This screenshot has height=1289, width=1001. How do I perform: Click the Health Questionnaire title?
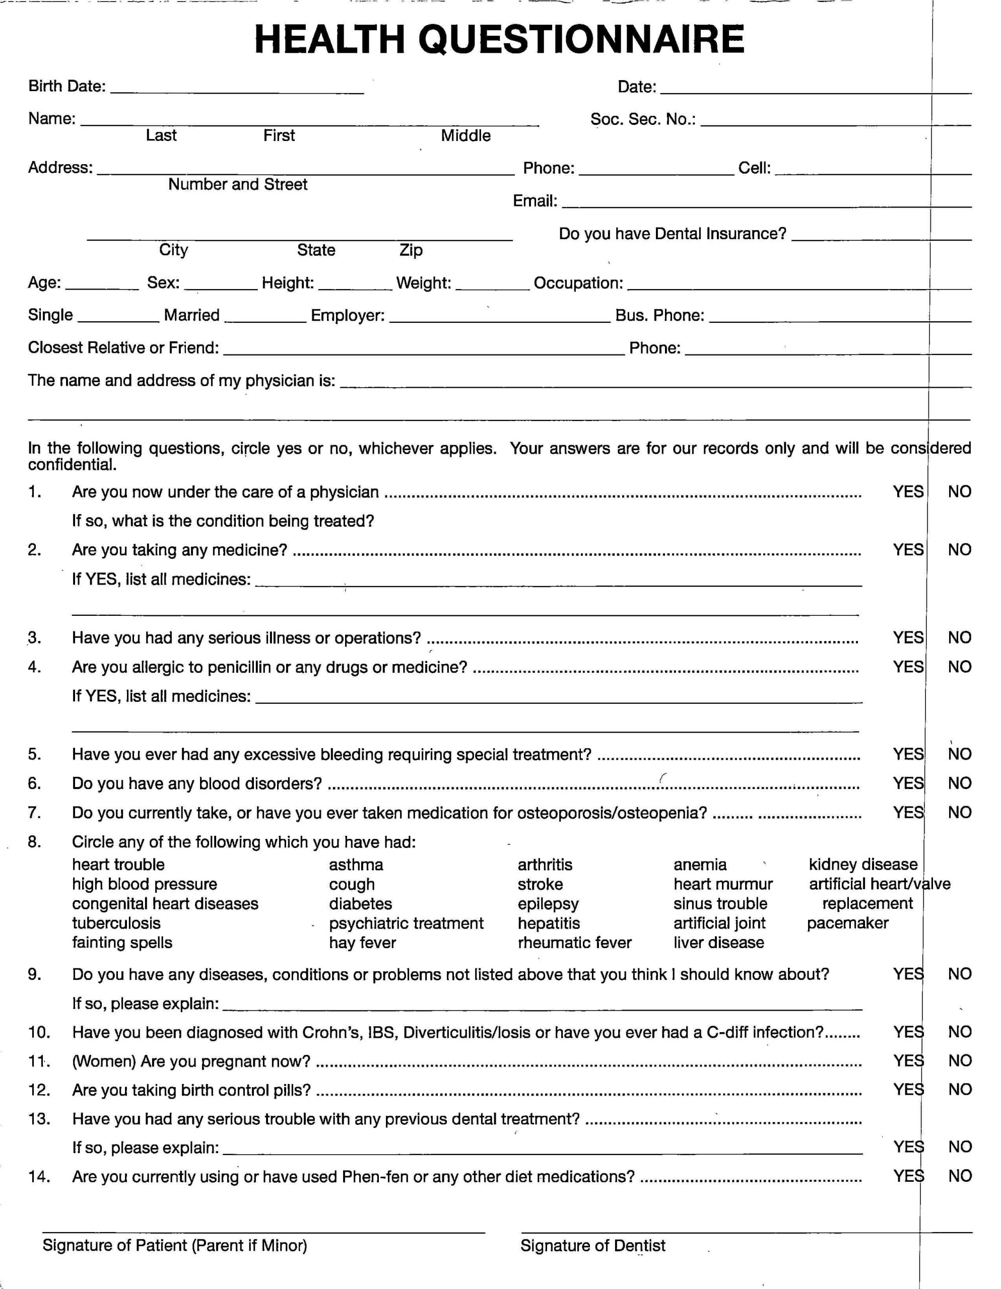point(499,40)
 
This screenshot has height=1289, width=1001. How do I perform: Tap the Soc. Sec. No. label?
point(642,119)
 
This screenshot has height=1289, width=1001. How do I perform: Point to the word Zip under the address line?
point(411,250)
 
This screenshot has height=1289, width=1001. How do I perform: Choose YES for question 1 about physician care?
point(908,491)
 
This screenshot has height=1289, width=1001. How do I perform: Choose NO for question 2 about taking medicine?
point(960,549)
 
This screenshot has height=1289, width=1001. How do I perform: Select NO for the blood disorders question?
point(960,783)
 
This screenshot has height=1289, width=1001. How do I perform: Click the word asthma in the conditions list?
point(356,865)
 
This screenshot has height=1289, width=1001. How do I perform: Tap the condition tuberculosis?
point(116,923)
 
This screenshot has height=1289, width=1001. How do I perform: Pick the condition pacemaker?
point(847,923)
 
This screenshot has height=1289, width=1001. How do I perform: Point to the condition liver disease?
point(719,943)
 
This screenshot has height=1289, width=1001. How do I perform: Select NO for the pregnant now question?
point(960,1060)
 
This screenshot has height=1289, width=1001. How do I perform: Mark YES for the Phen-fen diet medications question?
point(908,1176)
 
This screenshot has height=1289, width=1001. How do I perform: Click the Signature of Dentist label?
point(593,1245)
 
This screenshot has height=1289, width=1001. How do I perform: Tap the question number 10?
point(39,1032)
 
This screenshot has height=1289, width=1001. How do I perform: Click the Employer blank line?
point(500,319)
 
